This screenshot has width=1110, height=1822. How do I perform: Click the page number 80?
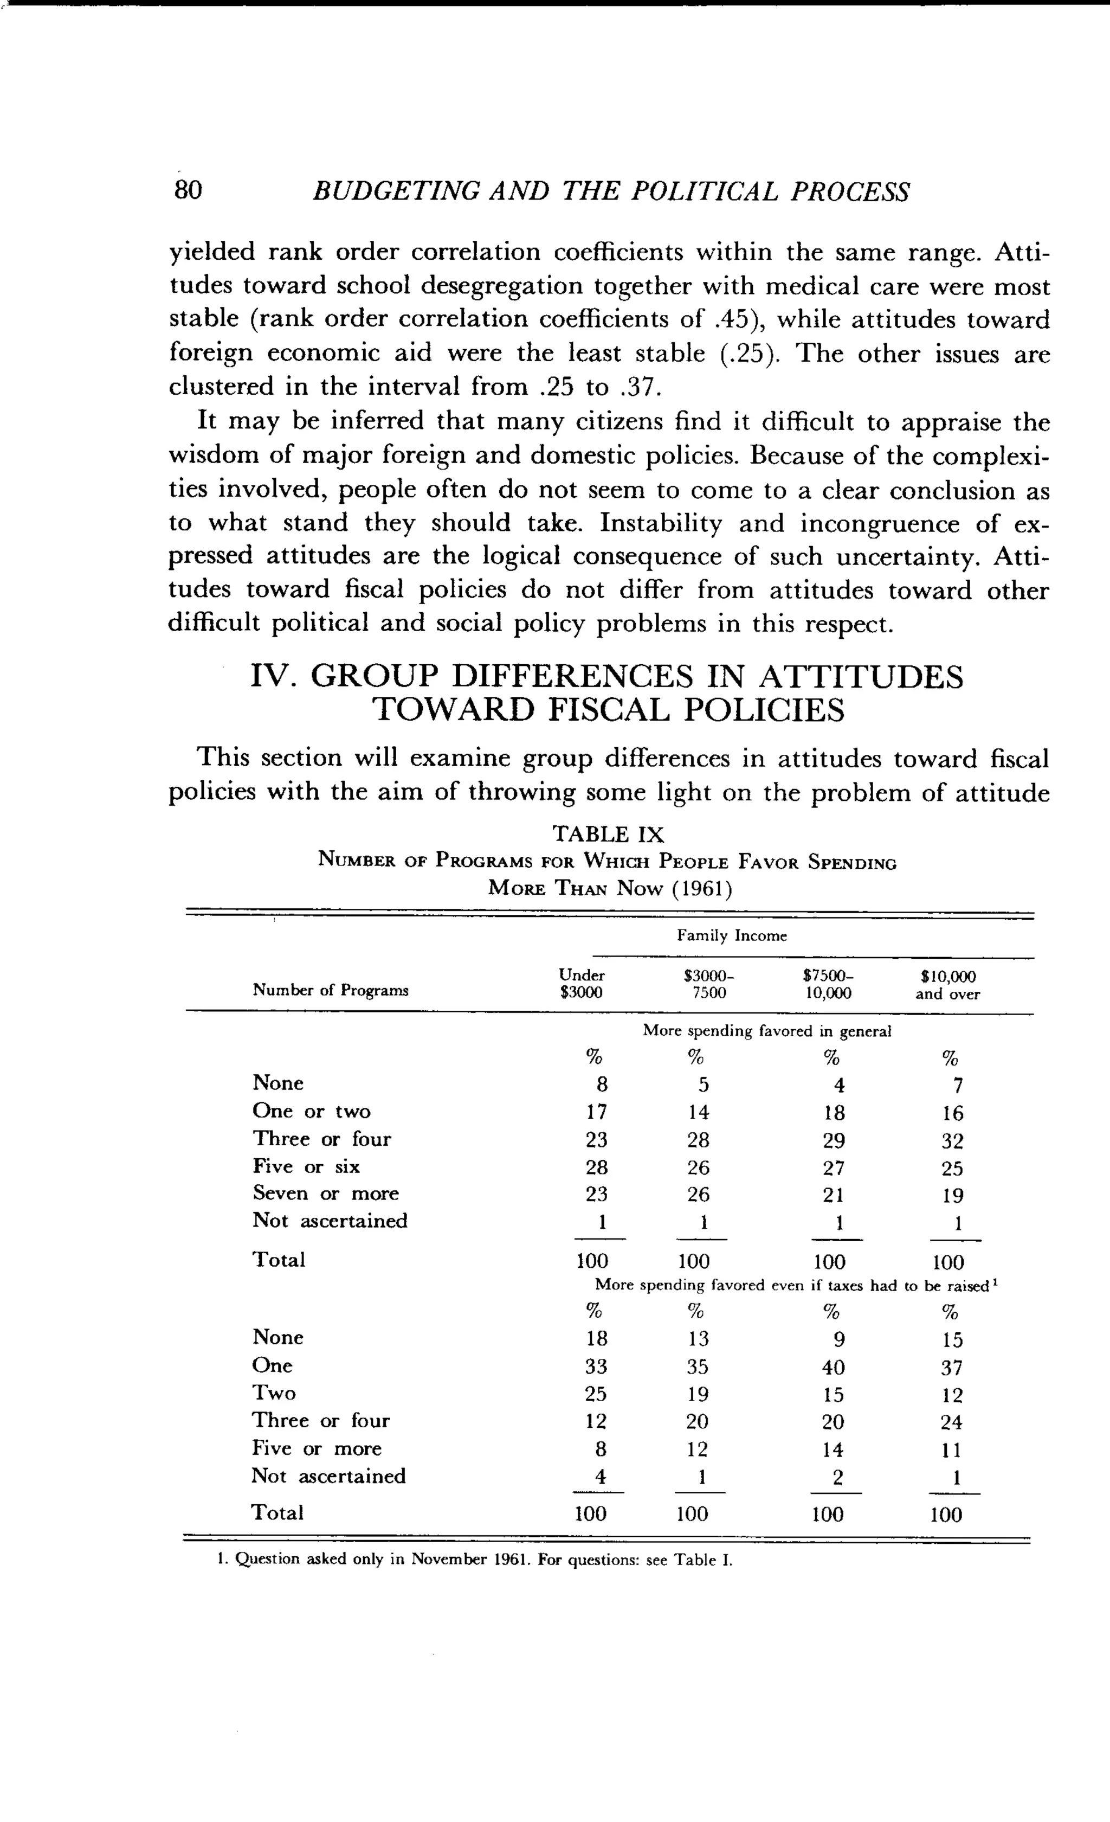tap(188, 191)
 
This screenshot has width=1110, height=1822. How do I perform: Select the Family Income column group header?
tap(732, 936)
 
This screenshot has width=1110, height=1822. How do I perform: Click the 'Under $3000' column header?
tap(582, 984)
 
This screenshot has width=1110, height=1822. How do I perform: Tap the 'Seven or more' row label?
tap(325, 1194)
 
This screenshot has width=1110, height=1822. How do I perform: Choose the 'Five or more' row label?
tap(317, 1448)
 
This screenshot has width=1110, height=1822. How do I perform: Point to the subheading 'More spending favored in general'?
tap(766, 1031)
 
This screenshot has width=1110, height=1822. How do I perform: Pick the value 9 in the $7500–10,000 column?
tap(839, 1340)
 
